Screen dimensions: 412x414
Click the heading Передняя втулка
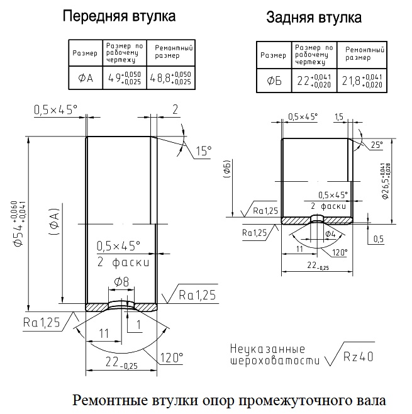(x=119, y=16)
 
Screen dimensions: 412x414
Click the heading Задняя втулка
(x=314, y=18)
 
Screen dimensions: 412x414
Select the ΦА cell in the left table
(x=86, y=78)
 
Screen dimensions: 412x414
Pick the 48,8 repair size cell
(x=170, y=78)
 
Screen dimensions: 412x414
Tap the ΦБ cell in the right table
(x=274, y=81)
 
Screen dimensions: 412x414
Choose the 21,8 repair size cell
(x=362, y=81)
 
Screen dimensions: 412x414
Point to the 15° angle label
(x=204, y=151)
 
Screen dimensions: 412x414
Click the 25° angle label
(x=377, y=145)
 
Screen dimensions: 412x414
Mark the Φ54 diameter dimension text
(x=19, y=224)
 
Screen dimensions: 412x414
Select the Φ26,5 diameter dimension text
(x=386, y=181)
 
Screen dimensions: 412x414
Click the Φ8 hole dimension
(x=121, y=282)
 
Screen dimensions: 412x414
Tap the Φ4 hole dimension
(x=330, y=233)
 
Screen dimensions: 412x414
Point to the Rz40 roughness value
(x=358, y=357)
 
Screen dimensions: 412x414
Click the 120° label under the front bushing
(x=172, y=358)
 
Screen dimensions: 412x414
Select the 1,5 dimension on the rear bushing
(x=339, y=116)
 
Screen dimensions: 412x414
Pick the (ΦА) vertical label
(x=54, y=221)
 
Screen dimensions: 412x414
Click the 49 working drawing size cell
(x=125, y=78)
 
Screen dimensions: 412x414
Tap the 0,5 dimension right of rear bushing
(x=379, y=239)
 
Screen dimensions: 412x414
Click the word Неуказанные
(x=267, y=349)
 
